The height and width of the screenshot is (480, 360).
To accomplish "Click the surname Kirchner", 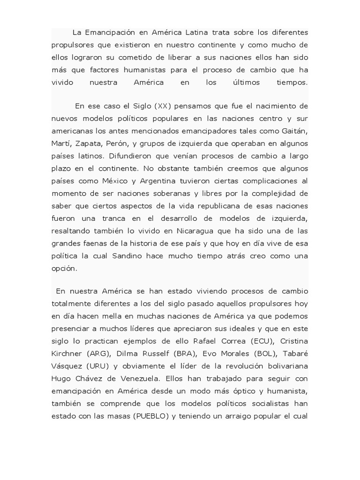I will point(67,352).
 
